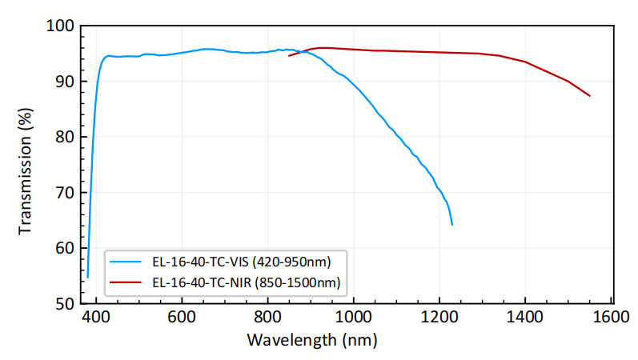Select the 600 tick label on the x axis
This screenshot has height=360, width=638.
click(182, 317)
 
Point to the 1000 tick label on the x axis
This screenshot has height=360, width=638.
click(353, 317)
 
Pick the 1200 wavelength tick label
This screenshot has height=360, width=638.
click(439, 317)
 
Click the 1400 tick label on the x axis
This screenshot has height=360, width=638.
click(525, 317)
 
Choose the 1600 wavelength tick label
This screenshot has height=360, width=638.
click(611, 317)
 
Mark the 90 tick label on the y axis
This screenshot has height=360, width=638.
click(66, 82)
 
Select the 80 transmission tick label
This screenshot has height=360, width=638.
click(66, 137)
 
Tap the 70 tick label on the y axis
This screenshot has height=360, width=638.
click(66, 193)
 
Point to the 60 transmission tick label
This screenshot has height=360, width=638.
click(66, 248)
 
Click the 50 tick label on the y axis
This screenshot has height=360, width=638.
click(66, 303)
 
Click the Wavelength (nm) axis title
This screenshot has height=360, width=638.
click(311, 340)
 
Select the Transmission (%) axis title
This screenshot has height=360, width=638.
click(26, 165)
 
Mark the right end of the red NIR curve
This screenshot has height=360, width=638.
click(590, 96)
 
